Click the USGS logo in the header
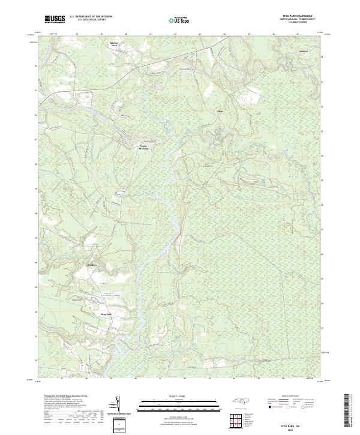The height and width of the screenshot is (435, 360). [x=55, y=19]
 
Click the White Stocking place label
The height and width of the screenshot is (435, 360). [x=143, y=148]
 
